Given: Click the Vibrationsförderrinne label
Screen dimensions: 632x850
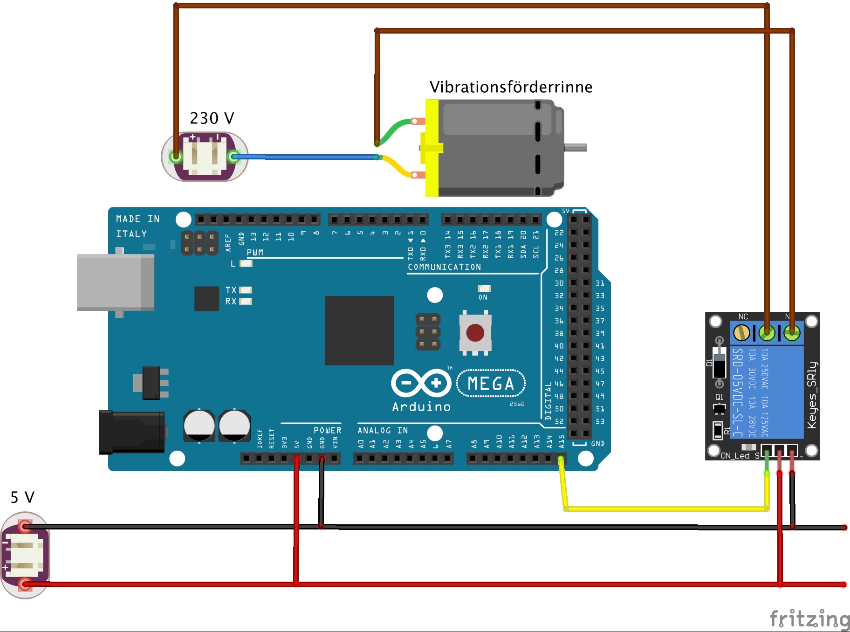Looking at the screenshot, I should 511,87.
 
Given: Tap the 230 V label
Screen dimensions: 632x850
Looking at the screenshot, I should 212,118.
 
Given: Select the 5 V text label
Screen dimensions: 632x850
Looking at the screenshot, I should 22,497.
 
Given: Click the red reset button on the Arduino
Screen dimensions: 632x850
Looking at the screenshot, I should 475,333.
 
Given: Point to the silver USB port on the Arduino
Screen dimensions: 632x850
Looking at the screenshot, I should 115,282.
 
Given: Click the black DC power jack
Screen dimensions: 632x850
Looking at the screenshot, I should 131,432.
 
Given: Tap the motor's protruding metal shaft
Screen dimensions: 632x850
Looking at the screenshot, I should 576,147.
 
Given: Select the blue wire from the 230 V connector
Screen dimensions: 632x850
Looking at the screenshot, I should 308,157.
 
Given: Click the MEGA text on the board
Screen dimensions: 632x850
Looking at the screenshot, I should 491,384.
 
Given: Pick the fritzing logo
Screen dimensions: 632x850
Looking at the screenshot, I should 809,619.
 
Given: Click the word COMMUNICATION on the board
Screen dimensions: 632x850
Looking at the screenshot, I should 444,267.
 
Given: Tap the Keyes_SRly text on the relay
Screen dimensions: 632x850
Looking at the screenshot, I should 812,395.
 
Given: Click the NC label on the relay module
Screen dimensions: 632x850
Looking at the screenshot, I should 743,316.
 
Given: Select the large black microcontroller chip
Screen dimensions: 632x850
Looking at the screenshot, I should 359,330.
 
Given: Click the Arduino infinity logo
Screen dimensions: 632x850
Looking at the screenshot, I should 421,383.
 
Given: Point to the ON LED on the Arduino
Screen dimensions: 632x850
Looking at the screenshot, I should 484,289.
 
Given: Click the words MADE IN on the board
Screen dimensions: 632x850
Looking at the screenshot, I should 137,219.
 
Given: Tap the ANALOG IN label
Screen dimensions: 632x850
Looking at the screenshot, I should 383,431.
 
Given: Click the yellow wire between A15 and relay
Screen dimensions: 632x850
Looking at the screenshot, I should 666,508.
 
